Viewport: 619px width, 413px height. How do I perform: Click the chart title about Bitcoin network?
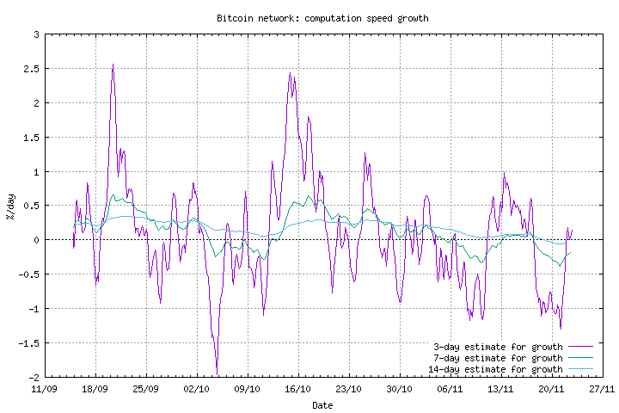pos(322,18)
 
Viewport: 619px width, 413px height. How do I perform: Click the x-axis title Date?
pos(322,404)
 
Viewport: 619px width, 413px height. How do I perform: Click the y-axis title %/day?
pos(10,206)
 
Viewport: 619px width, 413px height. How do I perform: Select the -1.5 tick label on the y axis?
pos(30,343)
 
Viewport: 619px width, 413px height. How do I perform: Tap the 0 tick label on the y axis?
pos(36,240)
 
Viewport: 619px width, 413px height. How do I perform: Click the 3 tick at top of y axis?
pos(36,34)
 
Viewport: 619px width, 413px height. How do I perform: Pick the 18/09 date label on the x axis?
pos(95,389)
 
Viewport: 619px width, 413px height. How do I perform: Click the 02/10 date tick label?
pos(197,389)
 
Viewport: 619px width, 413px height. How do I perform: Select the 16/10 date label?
pos(297,389)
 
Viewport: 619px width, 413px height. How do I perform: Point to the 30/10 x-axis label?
pos(400,389)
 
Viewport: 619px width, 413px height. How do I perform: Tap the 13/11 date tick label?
pos(501,389)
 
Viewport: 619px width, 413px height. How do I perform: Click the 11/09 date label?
pos(45,389)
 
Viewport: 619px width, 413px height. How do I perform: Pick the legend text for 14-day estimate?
pos(495,370)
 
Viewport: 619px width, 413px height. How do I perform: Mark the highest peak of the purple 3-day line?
pos(113,65)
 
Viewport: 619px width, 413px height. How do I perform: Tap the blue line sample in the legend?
pos(581,370)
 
